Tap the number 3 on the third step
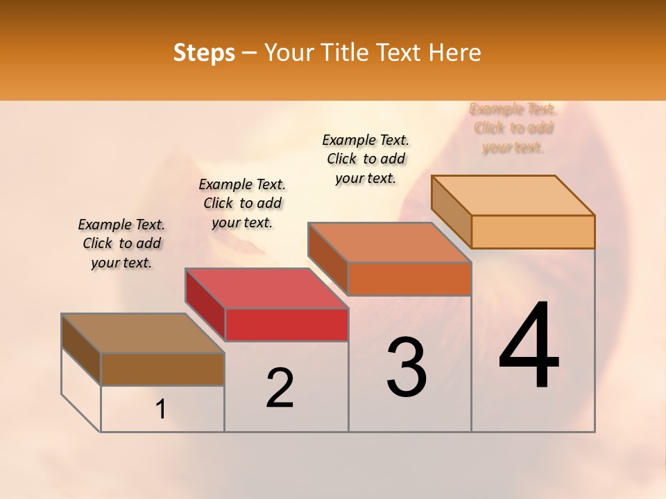407,367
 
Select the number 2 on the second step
280,388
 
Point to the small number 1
161,410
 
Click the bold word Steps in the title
204,53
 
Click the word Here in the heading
455,53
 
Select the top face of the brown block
142,333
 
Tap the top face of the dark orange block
389,243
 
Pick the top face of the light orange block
513,195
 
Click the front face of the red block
287,324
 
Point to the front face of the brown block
162,369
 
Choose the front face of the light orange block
533,231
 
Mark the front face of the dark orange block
409,279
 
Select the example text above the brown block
121,243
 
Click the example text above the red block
242,203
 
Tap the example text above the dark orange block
366,159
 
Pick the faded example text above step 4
513,128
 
